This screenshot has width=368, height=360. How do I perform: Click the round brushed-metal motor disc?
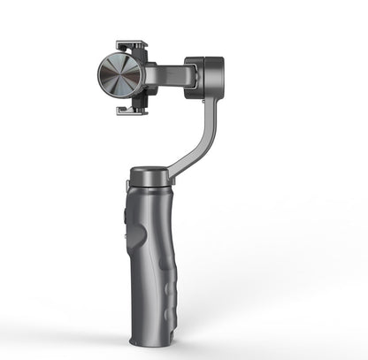[x=123, y=76]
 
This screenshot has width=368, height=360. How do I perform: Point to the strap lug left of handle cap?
[x=129, y=184]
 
